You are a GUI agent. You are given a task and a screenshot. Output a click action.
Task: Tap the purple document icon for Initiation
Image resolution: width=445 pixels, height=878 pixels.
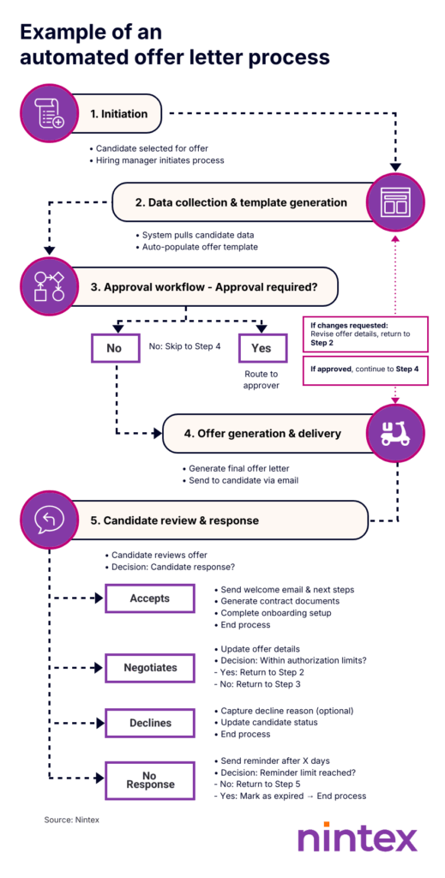[x=49, y=114]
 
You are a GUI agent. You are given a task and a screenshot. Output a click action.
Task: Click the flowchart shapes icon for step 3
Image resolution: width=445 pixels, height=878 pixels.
[x=49, y=287]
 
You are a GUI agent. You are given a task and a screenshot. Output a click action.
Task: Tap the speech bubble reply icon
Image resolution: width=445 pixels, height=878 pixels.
[x=49, y=520]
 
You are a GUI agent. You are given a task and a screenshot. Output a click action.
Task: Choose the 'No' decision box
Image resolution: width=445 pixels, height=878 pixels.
[x=114, y=349]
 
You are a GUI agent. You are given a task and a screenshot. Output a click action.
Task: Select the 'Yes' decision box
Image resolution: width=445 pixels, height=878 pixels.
[x=262, y=349]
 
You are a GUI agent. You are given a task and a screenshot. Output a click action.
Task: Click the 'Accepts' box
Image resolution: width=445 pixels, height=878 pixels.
[x=149, y=598]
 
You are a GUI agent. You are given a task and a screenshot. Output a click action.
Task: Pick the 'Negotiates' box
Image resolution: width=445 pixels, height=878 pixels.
[x=149, y=666]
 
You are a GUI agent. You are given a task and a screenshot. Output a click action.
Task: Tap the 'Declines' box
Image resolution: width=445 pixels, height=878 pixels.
[x=149, y=722]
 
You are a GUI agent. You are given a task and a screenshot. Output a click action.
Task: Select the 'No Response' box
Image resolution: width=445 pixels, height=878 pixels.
[x=149, y=779]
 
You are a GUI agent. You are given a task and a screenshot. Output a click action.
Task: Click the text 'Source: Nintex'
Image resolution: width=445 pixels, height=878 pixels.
[x=72, y=820]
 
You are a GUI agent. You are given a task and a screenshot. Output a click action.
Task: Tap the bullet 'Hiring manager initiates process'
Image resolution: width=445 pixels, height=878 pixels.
[x=159, y=160]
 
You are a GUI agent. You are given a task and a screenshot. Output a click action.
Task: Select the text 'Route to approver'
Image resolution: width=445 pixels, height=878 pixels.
[x=262, y=380]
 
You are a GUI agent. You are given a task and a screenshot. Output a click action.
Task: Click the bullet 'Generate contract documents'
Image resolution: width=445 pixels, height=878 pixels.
[x=280, y=601]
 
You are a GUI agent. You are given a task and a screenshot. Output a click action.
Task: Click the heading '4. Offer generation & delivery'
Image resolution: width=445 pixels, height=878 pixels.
[x=263, y=434]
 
